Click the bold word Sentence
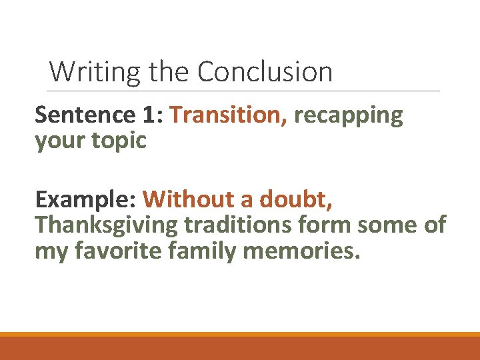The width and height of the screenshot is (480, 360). coord(85,115)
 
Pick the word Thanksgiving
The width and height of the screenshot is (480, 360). coord(107,226)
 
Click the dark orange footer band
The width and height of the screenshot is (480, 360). coord(240,349)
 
